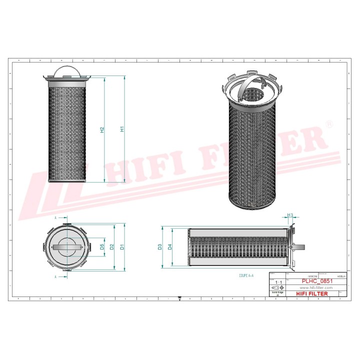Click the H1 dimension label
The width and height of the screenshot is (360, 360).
[122, 129]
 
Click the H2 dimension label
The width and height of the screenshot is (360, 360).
[102, 129]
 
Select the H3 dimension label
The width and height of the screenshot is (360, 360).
[290, 215]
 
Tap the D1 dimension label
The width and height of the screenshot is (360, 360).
[121, 247]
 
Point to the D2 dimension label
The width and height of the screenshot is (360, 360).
[112, 247]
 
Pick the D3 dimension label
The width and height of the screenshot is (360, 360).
[160, 246]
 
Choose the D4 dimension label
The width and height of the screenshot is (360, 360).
[170, 246]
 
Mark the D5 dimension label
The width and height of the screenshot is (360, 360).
[102, 247]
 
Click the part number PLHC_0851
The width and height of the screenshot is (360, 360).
[316, 282]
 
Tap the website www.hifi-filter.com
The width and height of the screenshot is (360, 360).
[316, 288]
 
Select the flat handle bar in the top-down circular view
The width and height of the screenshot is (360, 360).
[67, 247]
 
